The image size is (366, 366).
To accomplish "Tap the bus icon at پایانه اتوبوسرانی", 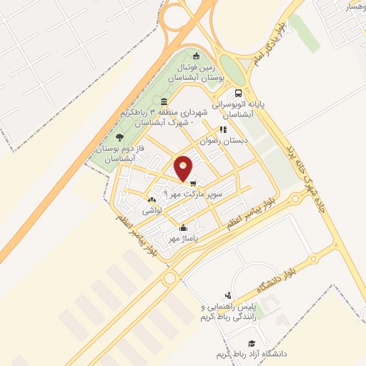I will tap(238, 93).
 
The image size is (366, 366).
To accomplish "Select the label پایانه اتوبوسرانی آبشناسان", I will tap(255, 109).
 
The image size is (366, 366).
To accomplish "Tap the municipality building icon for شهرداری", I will tap(165, 101).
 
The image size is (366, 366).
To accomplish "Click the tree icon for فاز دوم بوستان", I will tap(119, 137).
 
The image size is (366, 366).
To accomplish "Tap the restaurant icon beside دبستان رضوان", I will tap(223, 130).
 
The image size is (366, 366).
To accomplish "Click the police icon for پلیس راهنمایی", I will tap(228, 295).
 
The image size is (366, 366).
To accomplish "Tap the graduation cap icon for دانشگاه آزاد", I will tap(251, 344).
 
